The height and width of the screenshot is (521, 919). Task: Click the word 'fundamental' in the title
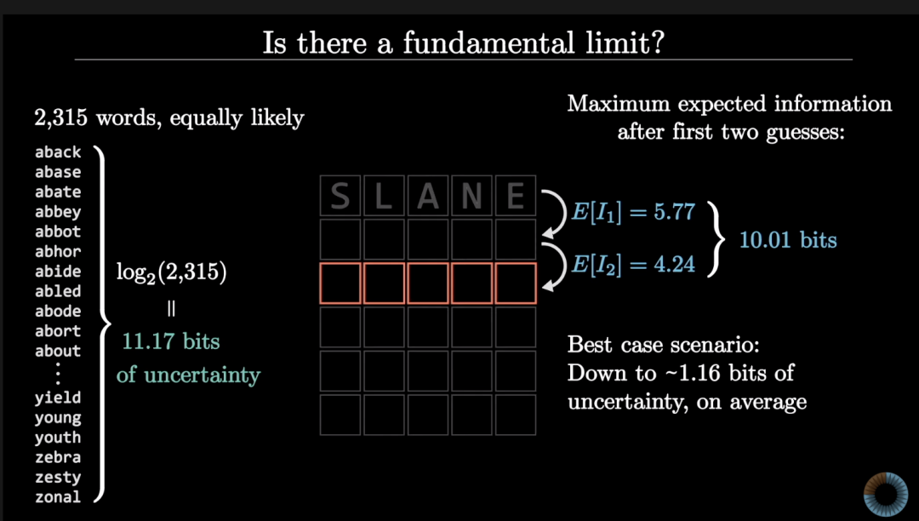[x=488, y=43]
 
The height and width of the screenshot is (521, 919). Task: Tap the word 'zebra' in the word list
[x=58, y=457]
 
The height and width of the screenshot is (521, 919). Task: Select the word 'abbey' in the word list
[x=58, y=212]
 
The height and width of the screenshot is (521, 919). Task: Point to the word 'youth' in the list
[x=58, y=438]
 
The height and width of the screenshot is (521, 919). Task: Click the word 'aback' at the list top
[x=58, y=152]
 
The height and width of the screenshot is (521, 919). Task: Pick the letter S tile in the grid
[x=340, y=196]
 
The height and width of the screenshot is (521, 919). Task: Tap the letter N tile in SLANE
[x=471, y=196]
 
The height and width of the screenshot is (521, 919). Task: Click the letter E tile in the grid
[x=516, y=196]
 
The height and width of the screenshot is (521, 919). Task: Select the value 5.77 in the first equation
[x=675, y=212]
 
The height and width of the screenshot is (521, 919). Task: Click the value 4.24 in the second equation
[x=675, y=264]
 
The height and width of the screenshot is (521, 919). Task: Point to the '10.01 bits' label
[x=788, y=240]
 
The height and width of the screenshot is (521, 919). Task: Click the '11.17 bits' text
[x=170, y=341]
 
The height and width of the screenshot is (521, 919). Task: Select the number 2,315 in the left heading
[x=61, y=117]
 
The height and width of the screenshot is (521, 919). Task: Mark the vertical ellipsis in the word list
[x=58, y=374]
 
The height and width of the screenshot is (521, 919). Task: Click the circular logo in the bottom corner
[x=886, y=494]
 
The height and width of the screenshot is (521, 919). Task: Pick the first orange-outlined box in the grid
[x=340, y=283]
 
